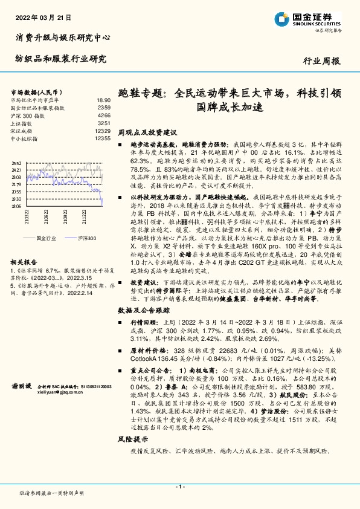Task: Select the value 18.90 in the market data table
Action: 103,100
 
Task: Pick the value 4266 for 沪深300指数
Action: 103,115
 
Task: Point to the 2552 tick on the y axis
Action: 16,163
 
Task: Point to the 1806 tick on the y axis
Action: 16,206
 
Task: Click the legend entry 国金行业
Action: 45,239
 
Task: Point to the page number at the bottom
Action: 179,487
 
